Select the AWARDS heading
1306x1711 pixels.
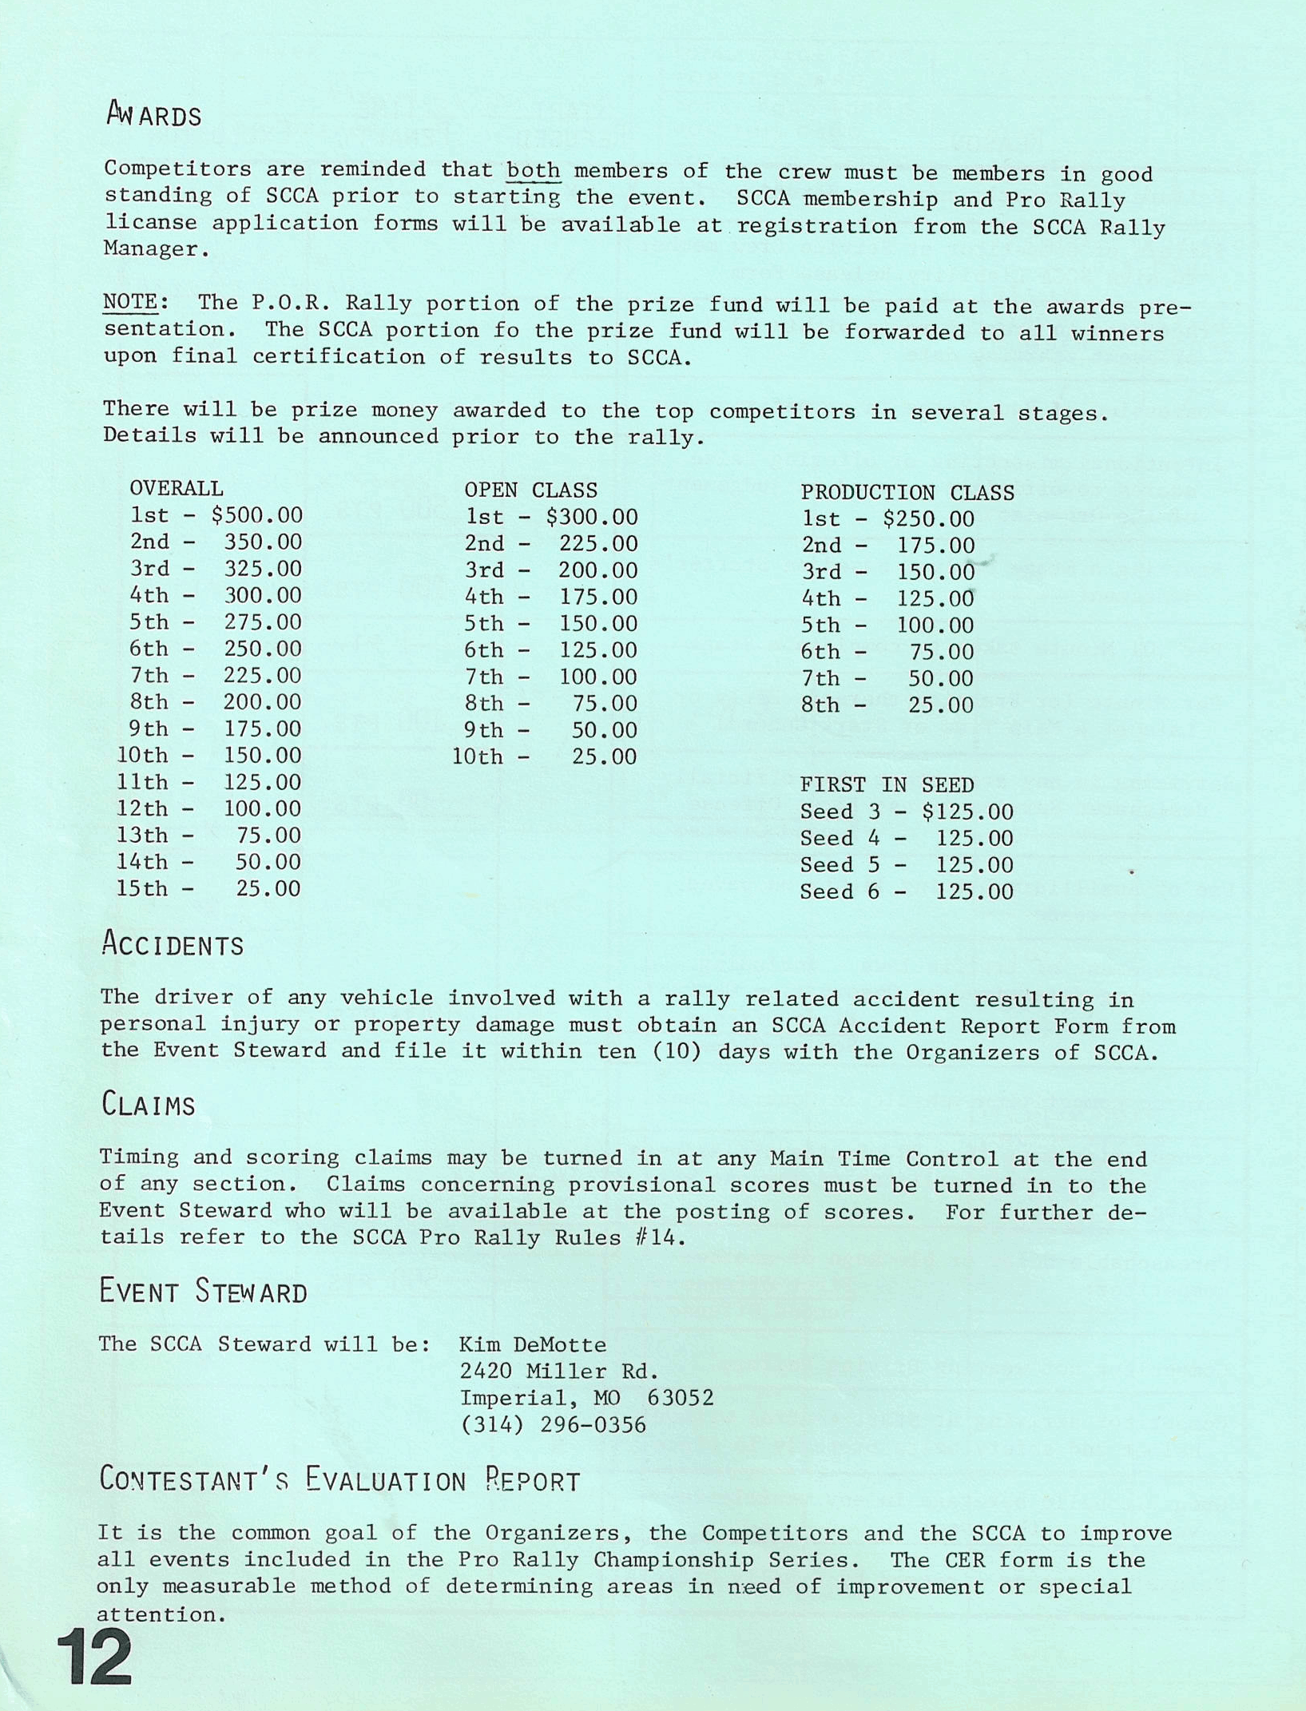coord(154,116)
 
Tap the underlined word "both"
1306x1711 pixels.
coord(533,171)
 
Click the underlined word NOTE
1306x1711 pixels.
coord(131,302)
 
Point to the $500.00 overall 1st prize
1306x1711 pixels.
coord(257,515)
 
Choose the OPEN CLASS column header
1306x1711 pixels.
coord(530,490)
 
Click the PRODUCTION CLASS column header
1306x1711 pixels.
coord(907,492)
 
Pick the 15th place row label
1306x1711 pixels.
coord(142,888)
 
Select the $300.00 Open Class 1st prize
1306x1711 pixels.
coord(592,517)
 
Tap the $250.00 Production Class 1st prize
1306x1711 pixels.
coord(929,519)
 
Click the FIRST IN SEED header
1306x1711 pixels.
coord(887,785)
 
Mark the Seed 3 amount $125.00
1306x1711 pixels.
coord(967,812)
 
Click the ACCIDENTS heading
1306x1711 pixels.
coord(173,945)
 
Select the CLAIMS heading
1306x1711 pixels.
coord(149,1105)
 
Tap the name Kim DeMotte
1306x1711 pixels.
coord(533,1345)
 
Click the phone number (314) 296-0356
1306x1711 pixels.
coord(554,1425)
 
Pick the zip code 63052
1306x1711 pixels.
coord(681,1398)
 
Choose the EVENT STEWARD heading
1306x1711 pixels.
coord(203,1292)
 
